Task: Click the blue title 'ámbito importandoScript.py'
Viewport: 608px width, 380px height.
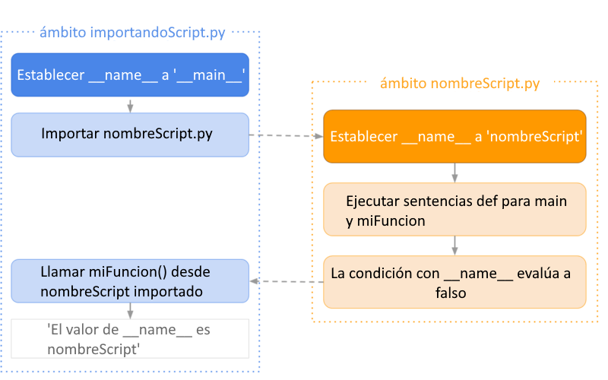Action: tap(132, 33)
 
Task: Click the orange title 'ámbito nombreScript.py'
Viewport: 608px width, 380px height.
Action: tap(460, 84)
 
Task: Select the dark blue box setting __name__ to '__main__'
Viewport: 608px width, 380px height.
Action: tap(130, 74)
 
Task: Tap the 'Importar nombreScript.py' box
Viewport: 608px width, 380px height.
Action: tap(130, 135)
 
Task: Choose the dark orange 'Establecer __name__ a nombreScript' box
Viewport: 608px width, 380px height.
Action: tap(454, 137)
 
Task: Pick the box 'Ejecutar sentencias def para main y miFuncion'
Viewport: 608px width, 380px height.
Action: tap(454, 210)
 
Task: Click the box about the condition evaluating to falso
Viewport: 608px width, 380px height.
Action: tap(454, 282)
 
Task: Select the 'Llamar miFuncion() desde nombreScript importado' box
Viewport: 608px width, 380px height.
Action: tap(130, 281)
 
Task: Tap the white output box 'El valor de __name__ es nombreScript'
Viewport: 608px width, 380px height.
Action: tap(130, 339)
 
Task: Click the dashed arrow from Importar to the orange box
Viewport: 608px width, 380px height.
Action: tap(287, 136)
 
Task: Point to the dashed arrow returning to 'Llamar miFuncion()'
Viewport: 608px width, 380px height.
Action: tap(287, 281)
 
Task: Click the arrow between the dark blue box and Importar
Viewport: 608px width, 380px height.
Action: tap(130, 105)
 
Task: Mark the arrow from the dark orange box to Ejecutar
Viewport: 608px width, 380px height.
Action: tap(454, 173)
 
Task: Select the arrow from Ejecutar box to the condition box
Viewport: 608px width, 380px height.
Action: tap(454, 245)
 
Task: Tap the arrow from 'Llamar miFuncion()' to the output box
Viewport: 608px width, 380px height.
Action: tap(130, 311)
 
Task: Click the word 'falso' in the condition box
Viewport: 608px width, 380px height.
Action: tap(451, 293)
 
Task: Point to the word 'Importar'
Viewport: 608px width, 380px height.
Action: tap(70, 134)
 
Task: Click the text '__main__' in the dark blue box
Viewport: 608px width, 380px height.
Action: tap(209, 75)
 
